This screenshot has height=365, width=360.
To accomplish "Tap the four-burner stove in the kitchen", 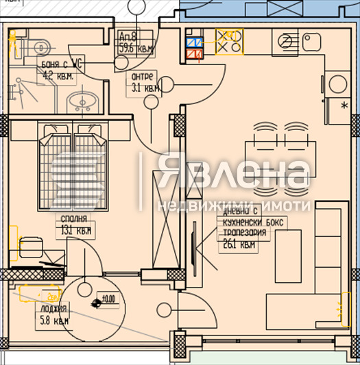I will (228, 41).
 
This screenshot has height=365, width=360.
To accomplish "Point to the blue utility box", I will (193, 40).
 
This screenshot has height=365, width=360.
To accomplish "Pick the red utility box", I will (193, 53).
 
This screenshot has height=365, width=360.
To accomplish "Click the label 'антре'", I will (144, 76).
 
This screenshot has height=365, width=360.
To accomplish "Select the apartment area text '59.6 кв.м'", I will (135, 49).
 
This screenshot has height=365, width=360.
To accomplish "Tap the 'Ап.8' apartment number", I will (128, 37).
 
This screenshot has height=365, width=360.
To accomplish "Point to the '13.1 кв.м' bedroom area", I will (74, 231).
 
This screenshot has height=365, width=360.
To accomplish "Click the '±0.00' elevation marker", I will (107, 299).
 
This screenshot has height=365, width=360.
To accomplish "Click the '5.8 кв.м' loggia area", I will (54, 320).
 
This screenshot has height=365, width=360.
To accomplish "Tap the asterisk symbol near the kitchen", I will (344, 103).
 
